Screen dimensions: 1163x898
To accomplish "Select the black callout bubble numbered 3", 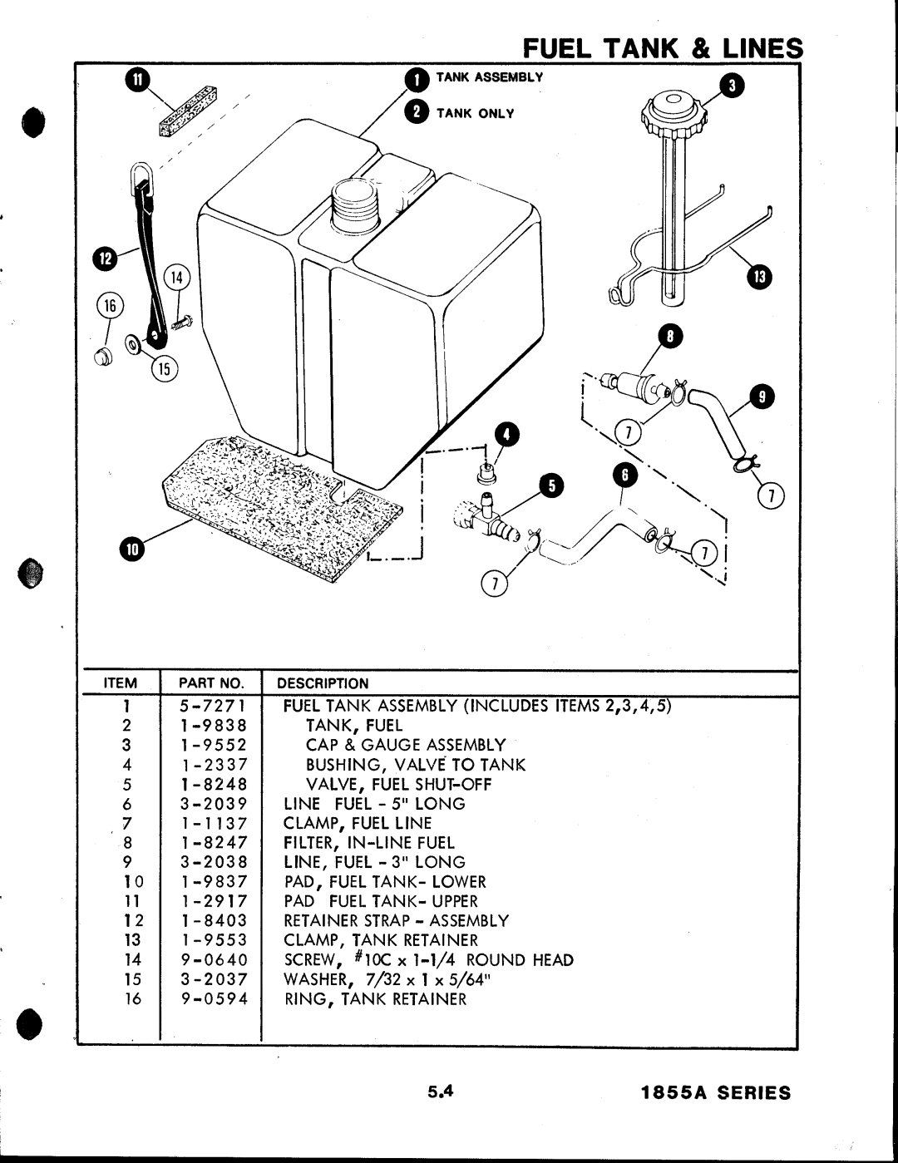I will [x=732, y=86].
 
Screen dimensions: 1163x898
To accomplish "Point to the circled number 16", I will [x=110, y=305].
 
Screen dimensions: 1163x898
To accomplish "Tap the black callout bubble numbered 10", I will [x=132, y=549].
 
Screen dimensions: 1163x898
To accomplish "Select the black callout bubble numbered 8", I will [x=670, y=336].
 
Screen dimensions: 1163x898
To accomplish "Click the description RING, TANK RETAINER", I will [x=375, y=999].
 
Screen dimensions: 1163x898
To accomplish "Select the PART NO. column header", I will [x=212, y=683].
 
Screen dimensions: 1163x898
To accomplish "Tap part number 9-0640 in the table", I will [x=214, y=960].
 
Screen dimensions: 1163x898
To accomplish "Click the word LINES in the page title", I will [x=762, y=48].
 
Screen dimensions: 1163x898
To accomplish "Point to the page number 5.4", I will [x=441, y=1092].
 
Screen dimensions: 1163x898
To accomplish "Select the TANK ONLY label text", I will [x=476, y=113].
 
